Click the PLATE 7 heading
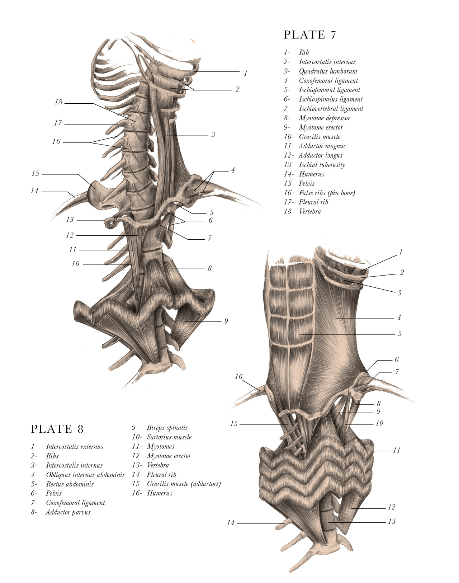(310, 35)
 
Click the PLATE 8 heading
(57, 429)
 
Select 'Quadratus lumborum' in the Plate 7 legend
(328, 71)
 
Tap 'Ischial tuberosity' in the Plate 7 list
(322, 165)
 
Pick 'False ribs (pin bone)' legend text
(327, 193)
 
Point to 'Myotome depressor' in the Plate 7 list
(324, 118)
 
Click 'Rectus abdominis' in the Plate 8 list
(70, 484)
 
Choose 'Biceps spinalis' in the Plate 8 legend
(167, 428)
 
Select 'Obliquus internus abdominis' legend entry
(85, 475)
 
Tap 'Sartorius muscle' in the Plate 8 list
(169, 437)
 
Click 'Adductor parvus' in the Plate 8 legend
(68, 512)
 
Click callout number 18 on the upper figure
(58, 102)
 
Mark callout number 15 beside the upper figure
(35, 173)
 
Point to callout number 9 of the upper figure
(226, 321)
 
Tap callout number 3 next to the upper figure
(213, 134)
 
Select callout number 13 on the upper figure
(70, 220)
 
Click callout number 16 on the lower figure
(239, 376)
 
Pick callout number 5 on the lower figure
(399, 333)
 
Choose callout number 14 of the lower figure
(231, 523)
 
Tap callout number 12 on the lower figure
(391, 507)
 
